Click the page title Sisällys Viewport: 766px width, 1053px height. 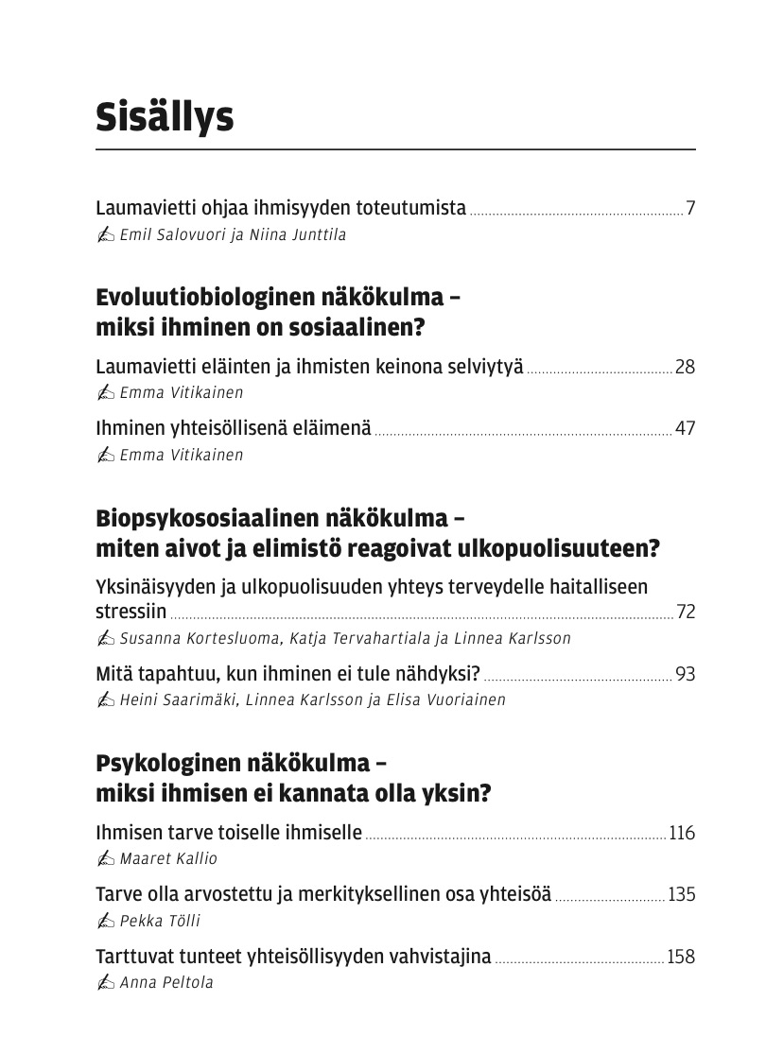tap(165, 118)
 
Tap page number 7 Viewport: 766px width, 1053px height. tap(690, 208)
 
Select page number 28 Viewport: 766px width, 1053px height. tap(685, 367)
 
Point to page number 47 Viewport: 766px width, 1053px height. tap(685, 428)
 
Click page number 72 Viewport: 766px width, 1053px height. tap(686, 612)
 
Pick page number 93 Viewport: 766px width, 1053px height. tap(685, 674)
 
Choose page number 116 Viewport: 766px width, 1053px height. tap(682, 833)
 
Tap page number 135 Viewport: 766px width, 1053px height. tap(681, 894)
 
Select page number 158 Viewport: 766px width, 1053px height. tap(681, 957)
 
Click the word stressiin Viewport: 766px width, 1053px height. tap(131, 612)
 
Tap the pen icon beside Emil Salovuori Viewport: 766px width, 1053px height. tap(105, 235)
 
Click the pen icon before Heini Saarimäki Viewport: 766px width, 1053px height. tap(105, 700)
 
